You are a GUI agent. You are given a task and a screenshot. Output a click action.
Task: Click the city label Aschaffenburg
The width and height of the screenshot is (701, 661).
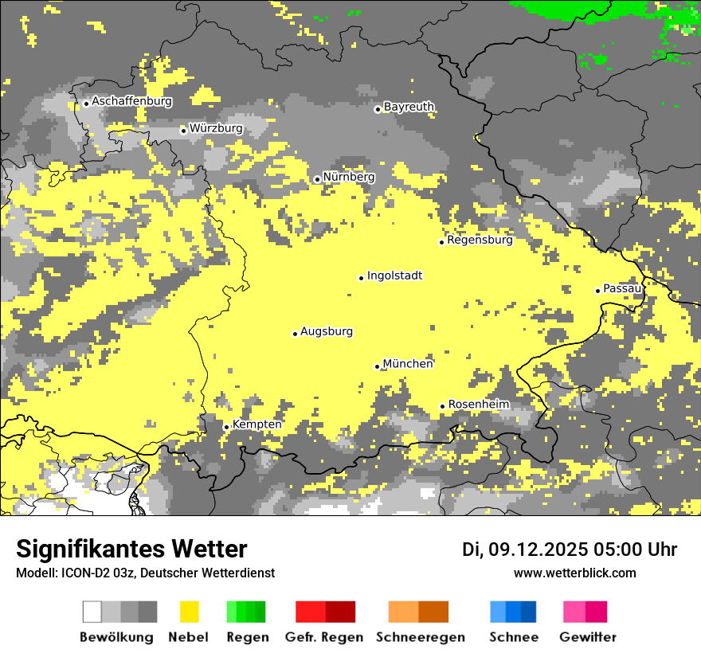tap(131, 102)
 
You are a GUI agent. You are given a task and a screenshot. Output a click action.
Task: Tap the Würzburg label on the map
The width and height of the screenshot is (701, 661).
tap(216, 128)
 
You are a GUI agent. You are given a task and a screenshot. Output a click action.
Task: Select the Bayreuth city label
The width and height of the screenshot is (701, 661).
tap(409, 107)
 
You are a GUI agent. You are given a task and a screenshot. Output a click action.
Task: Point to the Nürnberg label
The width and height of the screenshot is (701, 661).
tap(348, 177)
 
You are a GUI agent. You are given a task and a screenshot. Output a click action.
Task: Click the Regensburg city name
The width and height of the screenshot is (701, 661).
tap(480, 240)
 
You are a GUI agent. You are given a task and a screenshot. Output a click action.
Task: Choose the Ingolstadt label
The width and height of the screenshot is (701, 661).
tap(394, 276)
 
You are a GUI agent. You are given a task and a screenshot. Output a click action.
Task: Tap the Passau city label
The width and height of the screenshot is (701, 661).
tap(622, 288)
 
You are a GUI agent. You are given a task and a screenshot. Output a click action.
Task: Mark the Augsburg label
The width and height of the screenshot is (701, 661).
tap(327, 332)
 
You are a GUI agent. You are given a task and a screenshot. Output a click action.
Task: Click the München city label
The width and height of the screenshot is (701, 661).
tap(408, 364)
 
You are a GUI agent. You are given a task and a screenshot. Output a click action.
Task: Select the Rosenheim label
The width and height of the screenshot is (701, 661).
tap(478, 405)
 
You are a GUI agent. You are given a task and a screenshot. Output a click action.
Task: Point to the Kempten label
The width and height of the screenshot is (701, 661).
tap(257, 424)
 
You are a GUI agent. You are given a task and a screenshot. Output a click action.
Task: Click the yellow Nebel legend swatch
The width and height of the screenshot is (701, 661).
tap(189, 612)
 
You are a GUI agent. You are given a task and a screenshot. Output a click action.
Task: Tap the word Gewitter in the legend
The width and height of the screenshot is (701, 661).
tap(587, 637)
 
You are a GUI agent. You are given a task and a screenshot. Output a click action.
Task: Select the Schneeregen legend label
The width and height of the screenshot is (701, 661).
tap(419, 637)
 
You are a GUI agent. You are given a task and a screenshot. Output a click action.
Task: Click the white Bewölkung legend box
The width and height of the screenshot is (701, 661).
tap(92, 612)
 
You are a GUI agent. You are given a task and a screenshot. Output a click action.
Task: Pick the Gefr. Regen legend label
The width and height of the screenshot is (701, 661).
tap(324, 637)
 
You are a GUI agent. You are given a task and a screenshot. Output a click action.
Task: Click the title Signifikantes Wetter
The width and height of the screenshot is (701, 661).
tap(131, 550)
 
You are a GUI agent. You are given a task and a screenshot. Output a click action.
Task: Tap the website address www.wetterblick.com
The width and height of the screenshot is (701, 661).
tap(574, 573)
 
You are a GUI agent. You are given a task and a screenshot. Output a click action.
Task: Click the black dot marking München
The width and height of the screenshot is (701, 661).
tap(378, 366)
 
